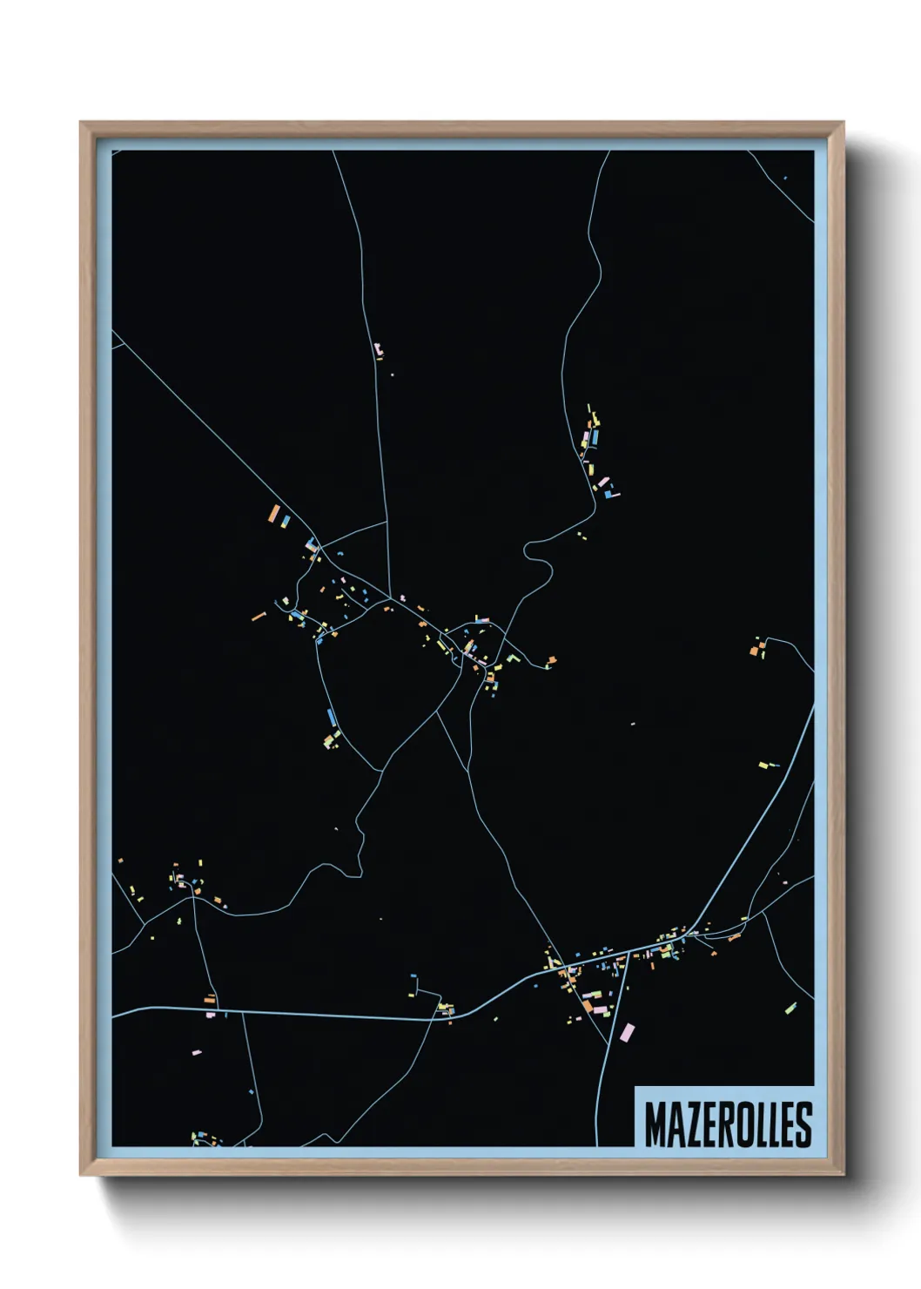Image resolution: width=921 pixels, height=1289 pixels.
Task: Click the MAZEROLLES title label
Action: [728, 1124]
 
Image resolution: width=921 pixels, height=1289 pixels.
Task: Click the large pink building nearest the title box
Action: [627, 1033]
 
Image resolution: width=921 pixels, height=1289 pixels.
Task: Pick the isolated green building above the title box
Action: [790, 1009]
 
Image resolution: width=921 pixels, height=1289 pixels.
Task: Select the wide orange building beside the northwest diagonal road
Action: [274, 514]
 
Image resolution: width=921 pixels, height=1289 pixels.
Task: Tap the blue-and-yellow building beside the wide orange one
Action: [286, 522]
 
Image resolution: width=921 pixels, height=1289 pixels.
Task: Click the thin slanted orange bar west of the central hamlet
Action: [259, 616]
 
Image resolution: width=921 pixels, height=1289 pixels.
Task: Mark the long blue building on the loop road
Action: [331, 719]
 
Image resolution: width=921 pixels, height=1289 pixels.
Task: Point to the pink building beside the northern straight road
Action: [378, 350]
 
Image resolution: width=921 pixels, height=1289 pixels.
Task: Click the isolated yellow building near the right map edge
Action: [763, 766]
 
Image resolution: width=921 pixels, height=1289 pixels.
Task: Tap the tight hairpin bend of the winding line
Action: [528, 551]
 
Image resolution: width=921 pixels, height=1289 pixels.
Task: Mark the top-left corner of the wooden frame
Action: [82, 124]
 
